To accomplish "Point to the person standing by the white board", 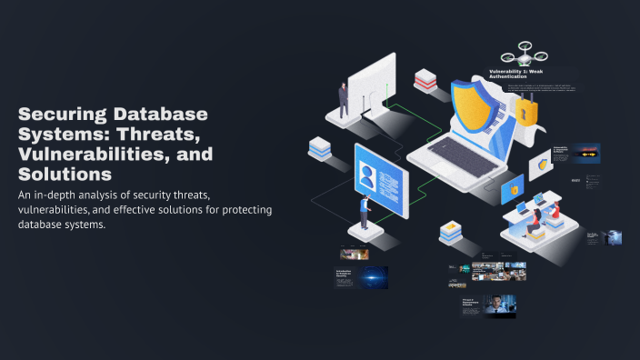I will (x=343, y=100).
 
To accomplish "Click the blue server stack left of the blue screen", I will (x=318, y=149).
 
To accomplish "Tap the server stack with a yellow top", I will (x=451, y=232).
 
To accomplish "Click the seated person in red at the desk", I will (x=552, y=215).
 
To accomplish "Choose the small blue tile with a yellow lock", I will (x=513, y=190).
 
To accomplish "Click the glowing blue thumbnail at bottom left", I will (x=373, y=276).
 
